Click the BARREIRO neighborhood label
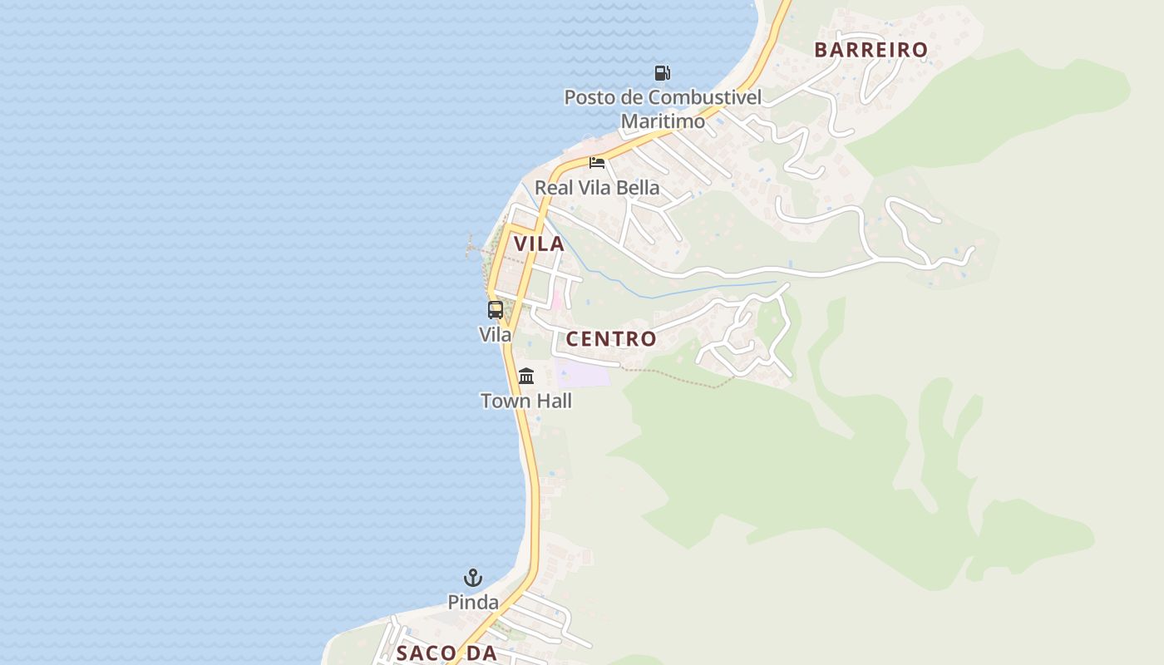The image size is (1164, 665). (871, 50)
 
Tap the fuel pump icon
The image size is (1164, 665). (662, 73)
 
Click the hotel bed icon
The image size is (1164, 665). (597, 162)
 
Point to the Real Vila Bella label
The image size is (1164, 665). (597, 188)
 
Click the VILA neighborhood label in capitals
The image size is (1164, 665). (539, 244)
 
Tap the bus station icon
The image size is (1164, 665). (496, 310)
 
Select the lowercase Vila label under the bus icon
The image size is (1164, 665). (496, 334)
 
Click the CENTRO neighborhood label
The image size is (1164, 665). (611, 339)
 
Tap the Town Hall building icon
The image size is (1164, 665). (526, 377)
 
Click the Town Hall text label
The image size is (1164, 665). (526, 401)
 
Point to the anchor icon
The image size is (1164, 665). (473, 578)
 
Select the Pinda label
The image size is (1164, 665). (473, 603)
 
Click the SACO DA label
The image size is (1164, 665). (446, 653)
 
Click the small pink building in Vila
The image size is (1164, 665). (555, 300)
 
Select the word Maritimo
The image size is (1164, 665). (663, 121)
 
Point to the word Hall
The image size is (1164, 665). (552, 401)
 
